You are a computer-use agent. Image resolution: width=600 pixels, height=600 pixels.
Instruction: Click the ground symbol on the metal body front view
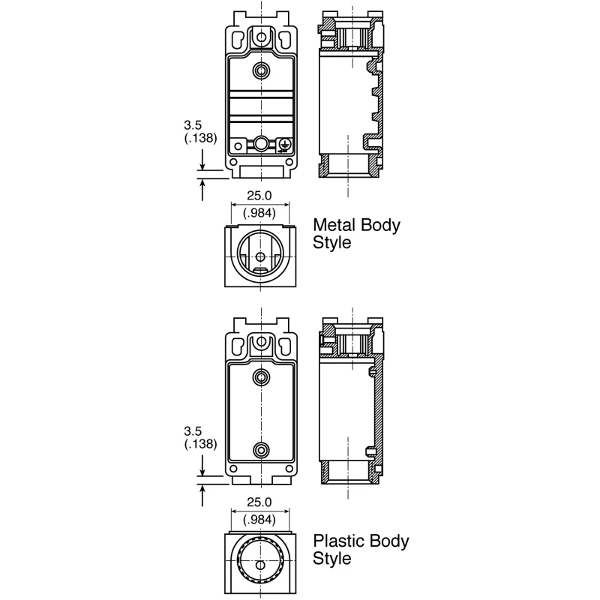tap(285, 145)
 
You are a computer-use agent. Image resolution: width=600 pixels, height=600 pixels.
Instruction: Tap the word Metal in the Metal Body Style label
tap(334, 225)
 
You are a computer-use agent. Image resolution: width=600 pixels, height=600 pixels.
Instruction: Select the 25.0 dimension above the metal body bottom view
tap(259, 196)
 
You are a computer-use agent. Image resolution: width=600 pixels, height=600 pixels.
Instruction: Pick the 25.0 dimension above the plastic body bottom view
tap(259, 502)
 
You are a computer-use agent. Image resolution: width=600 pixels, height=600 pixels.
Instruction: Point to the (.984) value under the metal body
tap(259, 213)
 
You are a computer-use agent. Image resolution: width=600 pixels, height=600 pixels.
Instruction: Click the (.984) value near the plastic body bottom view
tap(259, 520)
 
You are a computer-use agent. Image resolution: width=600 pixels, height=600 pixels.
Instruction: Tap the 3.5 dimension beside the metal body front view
tap(193, 125)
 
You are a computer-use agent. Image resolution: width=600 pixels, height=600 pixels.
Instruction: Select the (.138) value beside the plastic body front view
tap(200, 444)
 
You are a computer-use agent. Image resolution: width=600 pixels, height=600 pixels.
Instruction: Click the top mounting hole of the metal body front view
tap(261, 37)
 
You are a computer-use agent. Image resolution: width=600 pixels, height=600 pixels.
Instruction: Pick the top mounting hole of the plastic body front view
tap(261, 341)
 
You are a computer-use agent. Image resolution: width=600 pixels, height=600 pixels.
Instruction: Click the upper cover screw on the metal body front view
tap(261, 70)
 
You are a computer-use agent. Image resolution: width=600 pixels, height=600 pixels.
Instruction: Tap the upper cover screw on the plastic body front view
tap(261, 378)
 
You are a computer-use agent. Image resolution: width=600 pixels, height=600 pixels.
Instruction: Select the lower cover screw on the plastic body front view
tap(261, 450)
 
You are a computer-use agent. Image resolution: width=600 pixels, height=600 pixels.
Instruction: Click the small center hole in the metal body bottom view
tap(260, 256)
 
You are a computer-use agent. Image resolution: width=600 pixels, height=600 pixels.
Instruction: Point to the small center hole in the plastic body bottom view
tap(260, 565)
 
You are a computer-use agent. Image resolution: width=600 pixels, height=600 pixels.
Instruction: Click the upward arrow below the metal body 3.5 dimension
tap(202, 190)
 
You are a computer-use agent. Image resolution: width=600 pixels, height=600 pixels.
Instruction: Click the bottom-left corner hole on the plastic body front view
tap(233, 469)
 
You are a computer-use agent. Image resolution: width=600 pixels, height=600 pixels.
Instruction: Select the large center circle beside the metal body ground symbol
tap(261, 143)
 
